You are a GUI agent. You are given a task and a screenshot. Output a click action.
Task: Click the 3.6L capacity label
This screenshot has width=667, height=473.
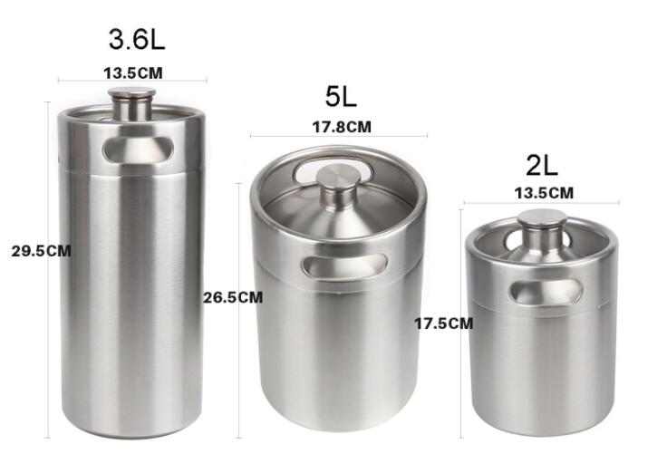coord(137,40)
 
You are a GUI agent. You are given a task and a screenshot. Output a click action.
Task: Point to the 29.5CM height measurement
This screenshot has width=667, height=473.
coord(41,251)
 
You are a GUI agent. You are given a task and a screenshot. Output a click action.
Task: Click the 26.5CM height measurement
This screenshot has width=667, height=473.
coord(233,296)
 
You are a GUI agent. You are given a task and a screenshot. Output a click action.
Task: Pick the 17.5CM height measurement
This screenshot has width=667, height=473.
coord(443,322)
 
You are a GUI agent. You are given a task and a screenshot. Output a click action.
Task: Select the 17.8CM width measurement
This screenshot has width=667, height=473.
coord(342,127)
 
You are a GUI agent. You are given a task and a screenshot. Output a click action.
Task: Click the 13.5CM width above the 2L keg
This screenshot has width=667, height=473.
coord(543,192)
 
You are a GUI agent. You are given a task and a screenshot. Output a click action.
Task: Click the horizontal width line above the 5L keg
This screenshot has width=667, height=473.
coord(272,137)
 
